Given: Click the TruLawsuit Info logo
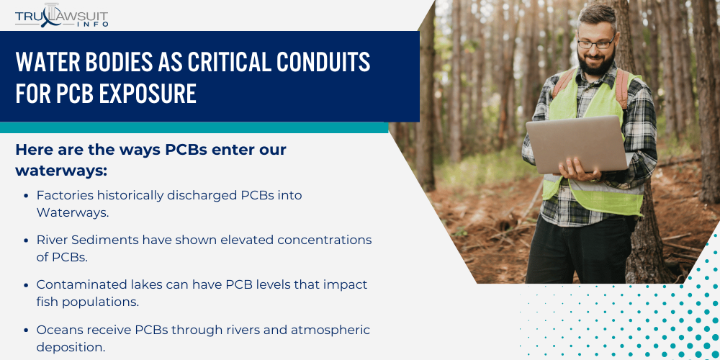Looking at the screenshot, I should (x=62, y=15).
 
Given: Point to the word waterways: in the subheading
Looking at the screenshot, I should (x=61, y=171).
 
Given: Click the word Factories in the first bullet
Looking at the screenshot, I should (x=65, y=195).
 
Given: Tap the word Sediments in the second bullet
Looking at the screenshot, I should (x=107, y=240).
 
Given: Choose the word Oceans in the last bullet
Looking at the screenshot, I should (x=60, y=330).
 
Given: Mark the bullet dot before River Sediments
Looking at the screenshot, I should (x=26, y=240).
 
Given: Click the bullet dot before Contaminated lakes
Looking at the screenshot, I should (x=26, y=285).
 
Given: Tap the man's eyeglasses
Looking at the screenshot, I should (x=596, y=43).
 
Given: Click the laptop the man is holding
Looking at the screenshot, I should (x=575, y=144).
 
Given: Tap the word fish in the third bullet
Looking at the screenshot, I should (x=48, y=302).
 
